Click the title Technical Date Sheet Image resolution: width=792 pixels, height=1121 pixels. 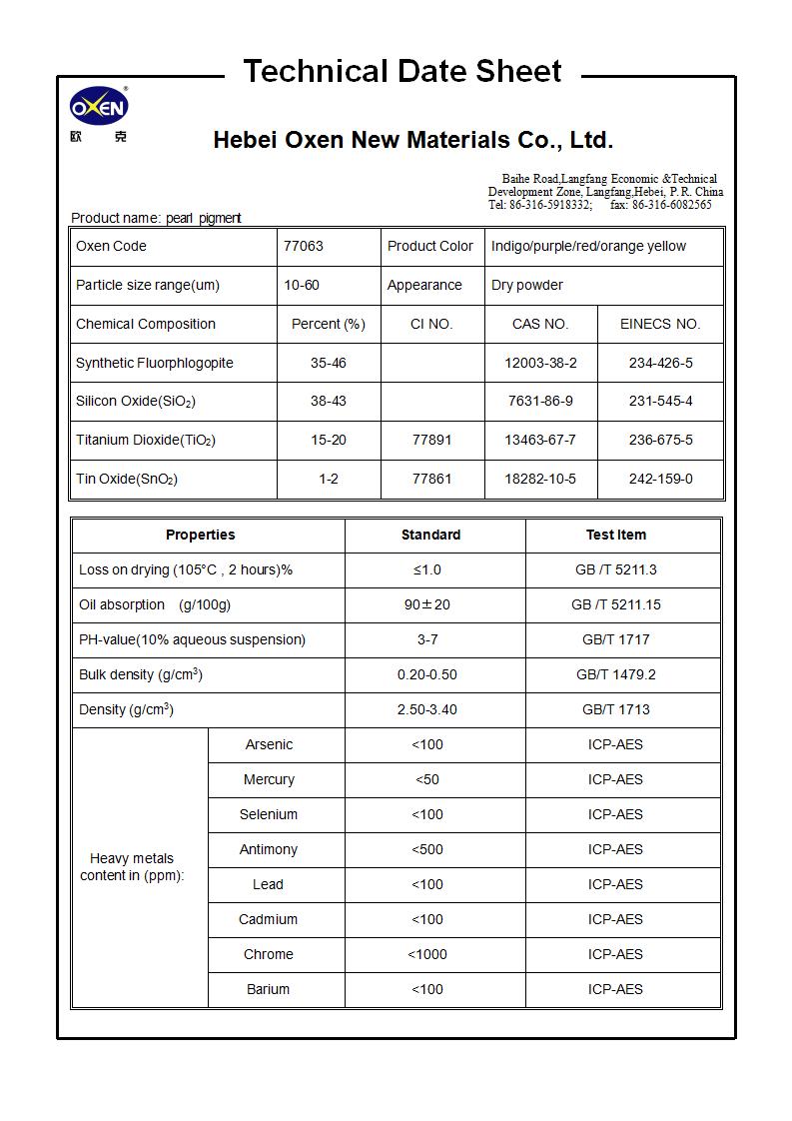click(402, 72)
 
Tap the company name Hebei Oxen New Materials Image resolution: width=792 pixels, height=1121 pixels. click(412, 140)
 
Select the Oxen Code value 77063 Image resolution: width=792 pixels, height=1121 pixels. click(304, 246)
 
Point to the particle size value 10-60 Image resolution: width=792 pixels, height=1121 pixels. click(302, 285)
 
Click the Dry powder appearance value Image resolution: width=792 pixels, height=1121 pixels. click(527, 285)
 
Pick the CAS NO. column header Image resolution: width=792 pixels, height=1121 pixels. click(540, 324)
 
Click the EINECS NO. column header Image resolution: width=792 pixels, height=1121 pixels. click(660, 324)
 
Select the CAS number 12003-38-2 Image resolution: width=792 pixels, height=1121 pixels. click(540, 363)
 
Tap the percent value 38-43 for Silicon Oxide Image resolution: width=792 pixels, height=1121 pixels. click(329, 401)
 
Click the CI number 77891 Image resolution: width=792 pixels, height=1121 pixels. click(432, 440)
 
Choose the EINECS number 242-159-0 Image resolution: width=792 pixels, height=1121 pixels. click(660, 479)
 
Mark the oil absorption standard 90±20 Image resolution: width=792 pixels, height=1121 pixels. click(427, 604)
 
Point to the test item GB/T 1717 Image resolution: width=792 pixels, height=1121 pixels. click(615, 639)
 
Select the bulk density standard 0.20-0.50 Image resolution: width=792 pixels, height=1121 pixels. click(427, 674)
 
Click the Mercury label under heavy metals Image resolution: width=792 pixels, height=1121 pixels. click(269, 779)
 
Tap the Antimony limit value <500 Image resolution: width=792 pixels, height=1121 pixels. click(427, 849)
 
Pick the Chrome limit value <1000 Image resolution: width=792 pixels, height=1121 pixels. click(427, 954)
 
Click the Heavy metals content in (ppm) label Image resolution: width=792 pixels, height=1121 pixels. click(132, 866)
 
